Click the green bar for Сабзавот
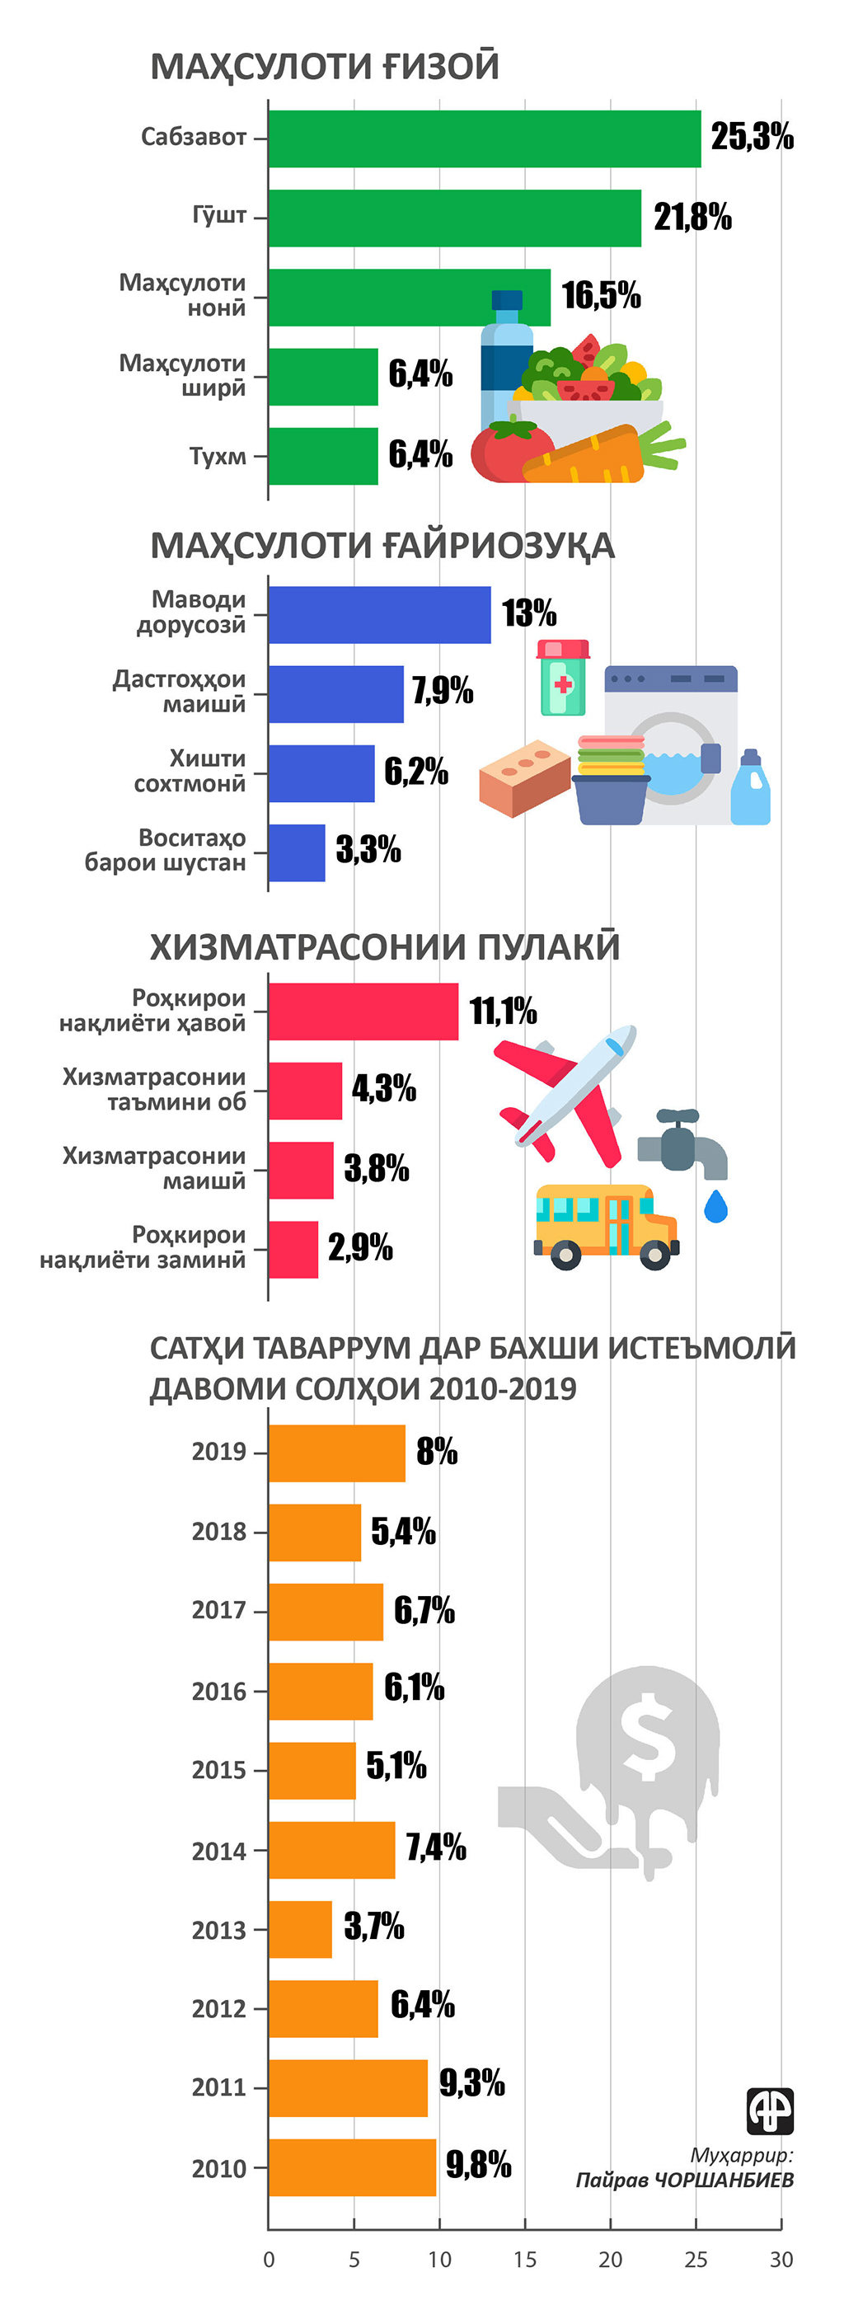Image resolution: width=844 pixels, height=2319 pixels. point(484,138)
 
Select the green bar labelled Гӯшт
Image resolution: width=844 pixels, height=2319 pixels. point(454,218)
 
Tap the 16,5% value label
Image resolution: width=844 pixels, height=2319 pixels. point(601,295)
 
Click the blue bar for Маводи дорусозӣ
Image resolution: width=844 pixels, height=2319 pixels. point(379,615)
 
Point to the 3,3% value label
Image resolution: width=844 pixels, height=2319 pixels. point(368,849)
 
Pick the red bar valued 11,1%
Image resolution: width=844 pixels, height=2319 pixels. point(363,1011)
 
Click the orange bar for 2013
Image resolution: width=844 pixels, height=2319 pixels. point(300,1929)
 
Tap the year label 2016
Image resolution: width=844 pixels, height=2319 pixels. point(218,1692)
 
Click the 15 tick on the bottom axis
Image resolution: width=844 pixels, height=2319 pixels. point(524,2260)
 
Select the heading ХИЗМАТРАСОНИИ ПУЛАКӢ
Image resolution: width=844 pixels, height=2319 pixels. point(384,947)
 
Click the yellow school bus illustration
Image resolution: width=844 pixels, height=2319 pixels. point(605,1226)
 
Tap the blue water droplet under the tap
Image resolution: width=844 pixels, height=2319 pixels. point(715,1206)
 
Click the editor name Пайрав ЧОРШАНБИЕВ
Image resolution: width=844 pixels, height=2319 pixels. point(685,2181)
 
